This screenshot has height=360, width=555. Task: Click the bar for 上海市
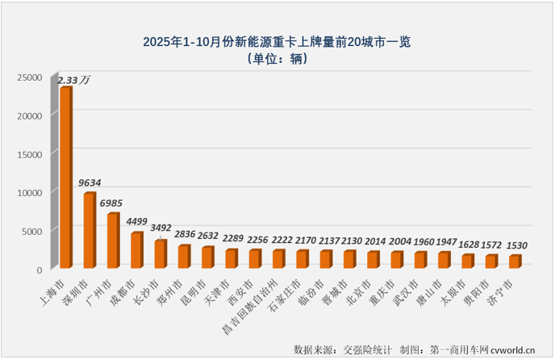click(65, 178)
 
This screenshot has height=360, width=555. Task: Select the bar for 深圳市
click(89, 231)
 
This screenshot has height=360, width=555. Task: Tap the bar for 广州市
click(113, 241)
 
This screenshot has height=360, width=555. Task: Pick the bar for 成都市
click(136, 251)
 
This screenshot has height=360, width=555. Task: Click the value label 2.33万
click(74, 79)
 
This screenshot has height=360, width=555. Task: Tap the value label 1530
click(517, 244)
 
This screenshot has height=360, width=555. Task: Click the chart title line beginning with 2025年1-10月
click(277, 41)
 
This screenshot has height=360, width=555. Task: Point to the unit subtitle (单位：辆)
click(277, 59)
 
